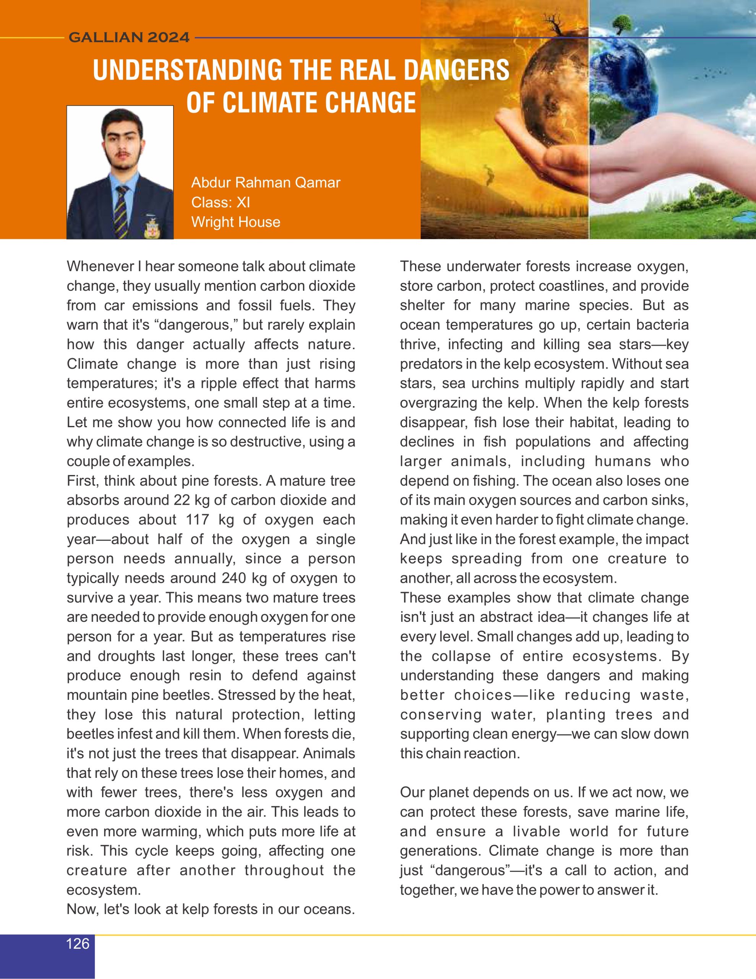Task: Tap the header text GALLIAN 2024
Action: (x=129, y=37)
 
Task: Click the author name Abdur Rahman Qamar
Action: (x=266, y=182)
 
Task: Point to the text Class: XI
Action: (x=221, y=202)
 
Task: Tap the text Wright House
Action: (x=236, y=222)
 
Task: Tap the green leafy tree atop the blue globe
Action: (x=621, y=23)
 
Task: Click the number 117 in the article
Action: (x=198, y=520)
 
